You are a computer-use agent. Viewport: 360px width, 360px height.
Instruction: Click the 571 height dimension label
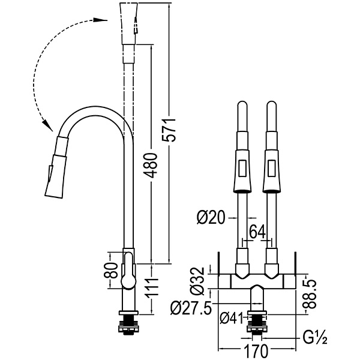point(171,128)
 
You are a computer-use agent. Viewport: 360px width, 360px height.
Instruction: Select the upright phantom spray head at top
point(129,24)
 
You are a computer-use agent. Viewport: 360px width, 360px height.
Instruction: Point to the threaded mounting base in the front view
point(257,327)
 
